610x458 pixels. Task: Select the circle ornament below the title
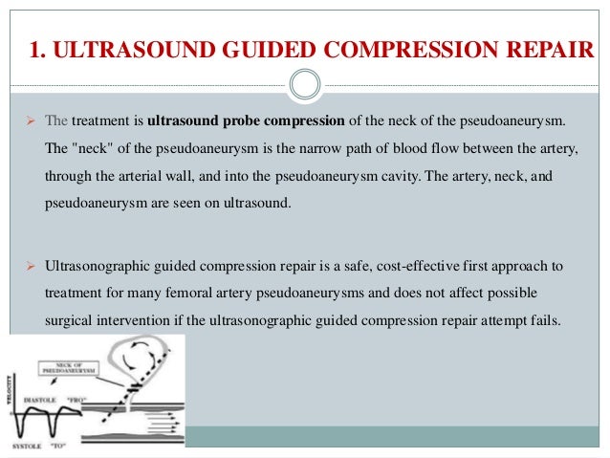[305, 85]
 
